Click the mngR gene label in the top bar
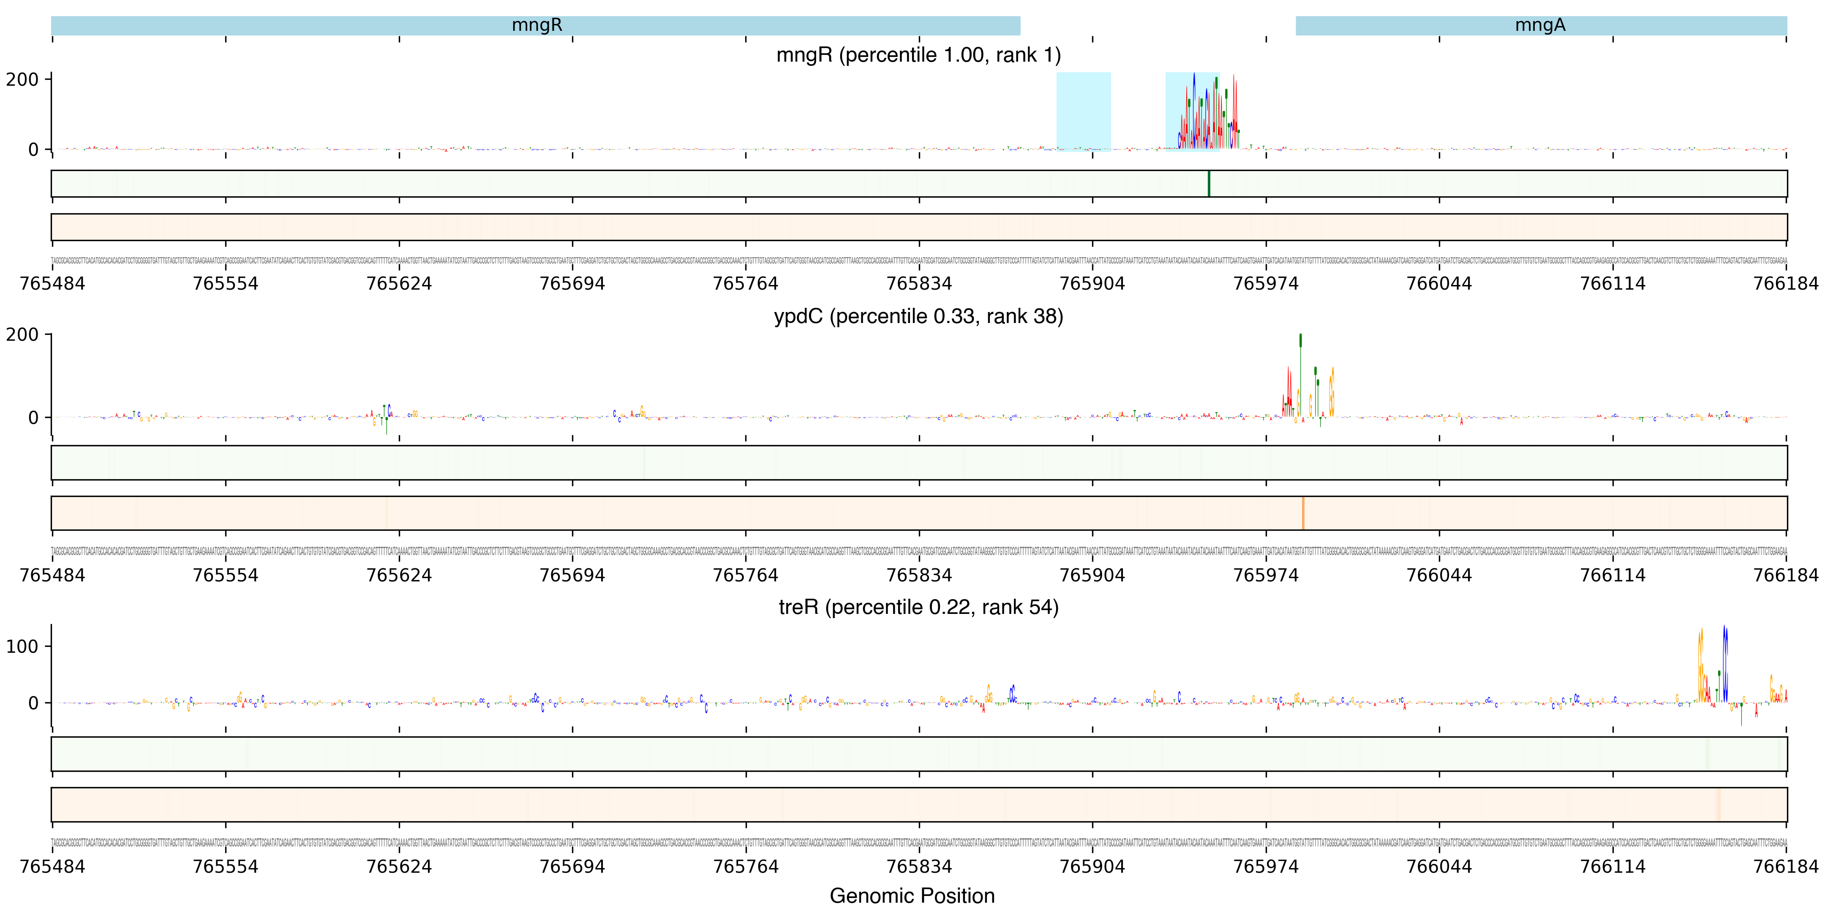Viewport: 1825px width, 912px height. tap(537, 25)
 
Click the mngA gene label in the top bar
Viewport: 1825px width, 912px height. tap(1539, 25)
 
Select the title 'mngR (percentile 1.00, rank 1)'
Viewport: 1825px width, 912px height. tap(918, 55)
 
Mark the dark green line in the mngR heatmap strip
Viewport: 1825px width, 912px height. tap(1209, 183)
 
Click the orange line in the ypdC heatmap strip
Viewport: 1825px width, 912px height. tap(1302, 513)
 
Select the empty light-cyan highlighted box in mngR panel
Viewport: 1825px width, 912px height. tap(1083, 111)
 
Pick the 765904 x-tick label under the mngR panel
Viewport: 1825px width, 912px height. tap(1092, 283)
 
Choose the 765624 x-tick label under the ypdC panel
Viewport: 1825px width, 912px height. tap(399, 575)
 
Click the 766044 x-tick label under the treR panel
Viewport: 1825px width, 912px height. tap(1439, 866)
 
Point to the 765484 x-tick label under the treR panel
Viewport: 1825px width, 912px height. tap(52, 866)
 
